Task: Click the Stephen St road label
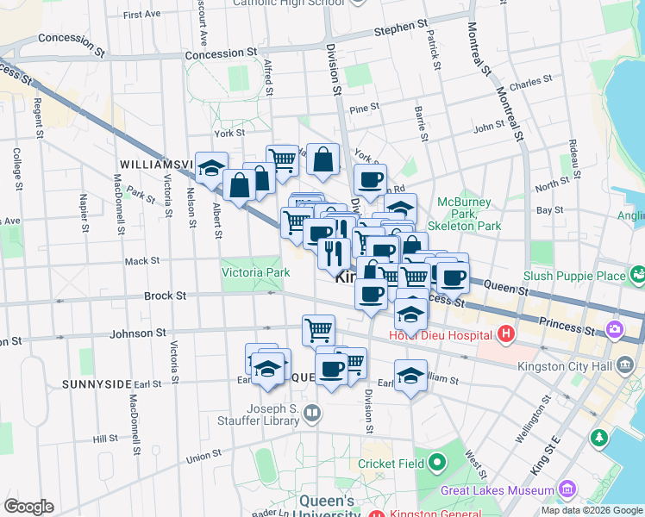click(400, 30)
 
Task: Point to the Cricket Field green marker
click(437, 463)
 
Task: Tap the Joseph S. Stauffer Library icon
click(311, 414)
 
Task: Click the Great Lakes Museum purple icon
click(567, 490)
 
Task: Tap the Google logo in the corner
click(28, 507)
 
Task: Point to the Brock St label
click(165, 296)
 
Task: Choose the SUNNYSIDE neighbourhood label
click(95, 383)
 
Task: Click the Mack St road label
click(142, 260)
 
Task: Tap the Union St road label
click(204, 456)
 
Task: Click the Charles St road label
click(525, 86)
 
